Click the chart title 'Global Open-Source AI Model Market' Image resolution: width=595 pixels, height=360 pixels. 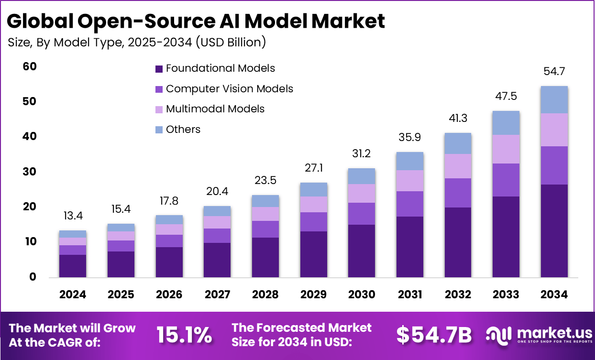pos(196,22)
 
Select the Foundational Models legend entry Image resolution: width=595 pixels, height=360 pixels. pos(215,68)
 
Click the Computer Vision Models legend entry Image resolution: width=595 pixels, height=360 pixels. pos(224,89)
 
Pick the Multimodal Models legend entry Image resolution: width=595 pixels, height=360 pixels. pos(209,109)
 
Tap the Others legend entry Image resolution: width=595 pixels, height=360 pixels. pos(177,130)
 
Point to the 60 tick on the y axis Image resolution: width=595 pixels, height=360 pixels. pos(30,66)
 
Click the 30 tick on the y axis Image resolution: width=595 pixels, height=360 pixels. pos(30,172)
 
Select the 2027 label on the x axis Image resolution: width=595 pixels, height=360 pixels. pos(218,295)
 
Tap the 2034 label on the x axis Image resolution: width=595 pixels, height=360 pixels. pos(554,295)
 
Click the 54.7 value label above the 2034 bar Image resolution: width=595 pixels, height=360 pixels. pos(554,72)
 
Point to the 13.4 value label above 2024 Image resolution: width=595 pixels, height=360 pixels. pos(73,216)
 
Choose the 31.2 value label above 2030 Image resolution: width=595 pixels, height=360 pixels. pos(362,154)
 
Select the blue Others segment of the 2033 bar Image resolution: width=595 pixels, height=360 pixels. pos(506,123)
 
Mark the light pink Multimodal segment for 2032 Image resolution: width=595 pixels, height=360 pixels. pos(458,166)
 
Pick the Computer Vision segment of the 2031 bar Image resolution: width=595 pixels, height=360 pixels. pos(410,204)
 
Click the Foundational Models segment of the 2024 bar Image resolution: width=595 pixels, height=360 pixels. pos(73,266)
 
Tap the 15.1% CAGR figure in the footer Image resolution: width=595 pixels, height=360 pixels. pos(184,336)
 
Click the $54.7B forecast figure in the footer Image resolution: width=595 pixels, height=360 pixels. pos(434,336)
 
